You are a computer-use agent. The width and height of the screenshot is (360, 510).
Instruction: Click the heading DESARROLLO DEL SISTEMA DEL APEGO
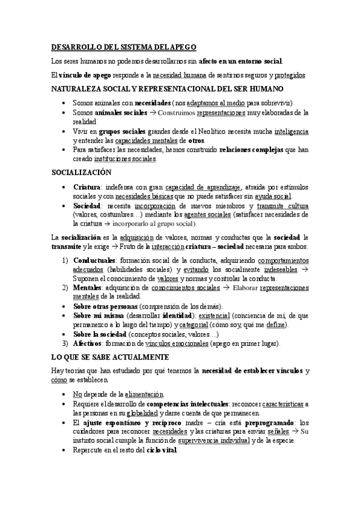click(x=123, y=47)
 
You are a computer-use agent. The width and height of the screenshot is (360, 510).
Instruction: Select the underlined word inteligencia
click(x=291, y=131)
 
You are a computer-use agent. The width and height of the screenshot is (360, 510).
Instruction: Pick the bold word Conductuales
click(x=97, y=260)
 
